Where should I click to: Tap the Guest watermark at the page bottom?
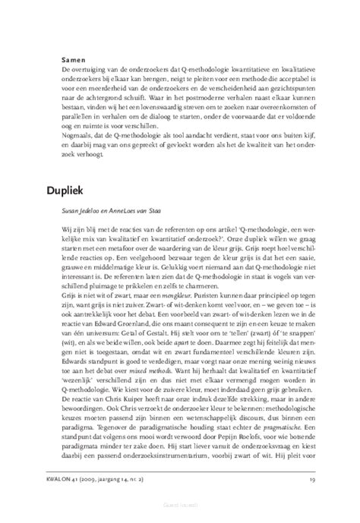tap(180, 515)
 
